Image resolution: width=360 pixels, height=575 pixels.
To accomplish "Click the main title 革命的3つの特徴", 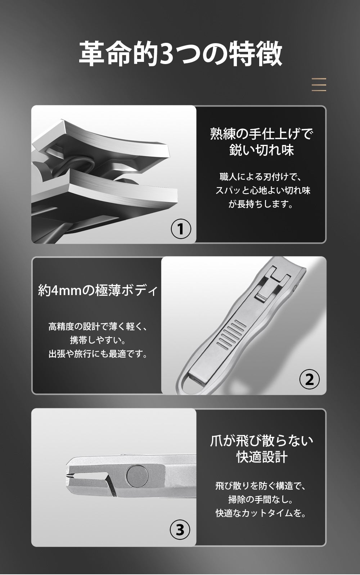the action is pos(180,54).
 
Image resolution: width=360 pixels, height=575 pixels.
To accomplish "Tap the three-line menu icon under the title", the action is pos(319,85).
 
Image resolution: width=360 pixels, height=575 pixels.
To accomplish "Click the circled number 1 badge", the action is pos(181,229).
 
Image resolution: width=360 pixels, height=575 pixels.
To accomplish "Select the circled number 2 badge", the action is pos(309,379).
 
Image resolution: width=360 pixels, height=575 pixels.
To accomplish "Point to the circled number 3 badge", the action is pos(180,530).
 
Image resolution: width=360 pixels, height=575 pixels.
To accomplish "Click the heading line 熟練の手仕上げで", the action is pos(261,133).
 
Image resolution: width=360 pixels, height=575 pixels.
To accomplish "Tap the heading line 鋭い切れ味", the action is pos(261,150).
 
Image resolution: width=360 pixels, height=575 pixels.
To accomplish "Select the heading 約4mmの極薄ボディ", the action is pos(98,290).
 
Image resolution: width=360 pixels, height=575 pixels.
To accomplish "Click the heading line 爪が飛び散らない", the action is pos(261,441).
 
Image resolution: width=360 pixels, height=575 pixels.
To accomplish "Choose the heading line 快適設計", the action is pos(262,457).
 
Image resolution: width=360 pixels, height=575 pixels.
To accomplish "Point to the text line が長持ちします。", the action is pos(261,204).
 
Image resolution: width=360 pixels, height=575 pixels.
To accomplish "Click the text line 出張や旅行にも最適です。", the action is pos(98,354).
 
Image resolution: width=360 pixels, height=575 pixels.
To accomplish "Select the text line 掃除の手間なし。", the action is pos(261,499).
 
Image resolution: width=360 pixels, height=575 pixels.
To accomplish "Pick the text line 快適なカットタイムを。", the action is pos(261,513).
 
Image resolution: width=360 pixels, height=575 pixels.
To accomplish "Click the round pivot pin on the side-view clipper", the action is pos(138,476).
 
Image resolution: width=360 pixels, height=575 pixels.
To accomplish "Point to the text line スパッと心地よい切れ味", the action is pos(263,190).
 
